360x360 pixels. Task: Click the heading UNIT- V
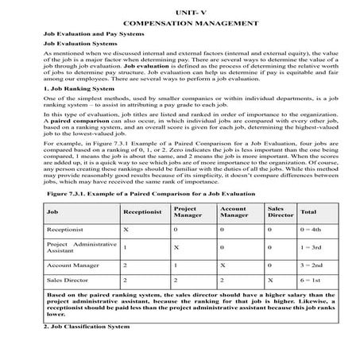(x=180, y=13)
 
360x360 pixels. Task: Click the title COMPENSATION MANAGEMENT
(x=180, y=25)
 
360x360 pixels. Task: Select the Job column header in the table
(x=52, y=212)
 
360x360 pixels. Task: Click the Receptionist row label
(x=66, y=229)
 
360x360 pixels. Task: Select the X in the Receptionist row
(x=126, y=229)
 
